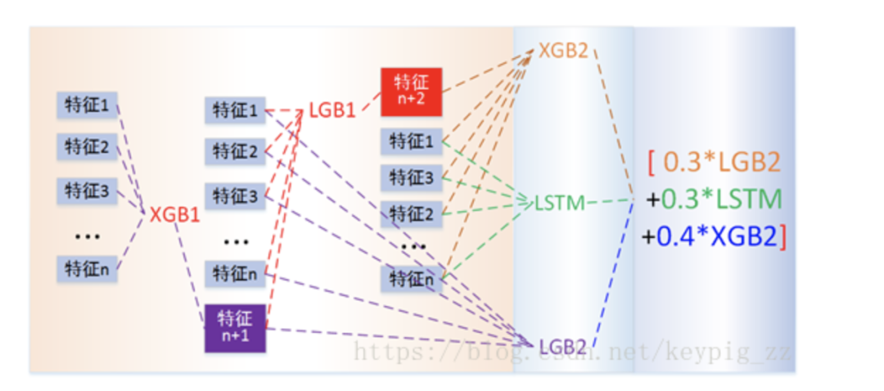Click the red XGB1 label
[x=175, y=214]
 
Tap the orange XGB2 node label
[x=563, y=51]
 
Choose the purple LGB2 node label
[x=562, y=346]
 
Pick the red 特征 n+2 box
[x=411, y=91]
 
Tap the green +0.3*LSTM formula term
[x=712, y=199]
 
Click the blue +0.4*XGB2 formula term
[x=714, y=236]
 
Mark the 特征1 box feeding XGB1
[x=87, y=106]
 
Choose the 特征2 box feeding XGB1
[x=87, y=147]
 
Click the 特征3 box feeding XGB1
[x=87, y=191]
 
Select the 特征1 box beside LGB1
[x=235, y=110]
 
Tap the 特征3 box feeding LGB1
[x=235, y=196]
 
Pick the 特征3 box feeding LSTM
[x=411, y=178]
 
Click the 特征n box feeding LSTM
[x=411, y=279]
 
